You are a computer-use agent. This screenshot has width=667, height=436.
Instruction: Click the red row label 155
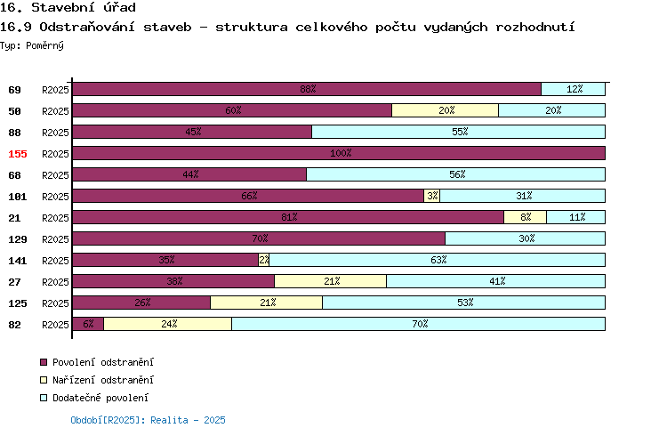tap(18, 154)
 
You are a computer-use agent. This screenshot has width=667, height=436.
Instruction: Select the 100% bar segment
tap(339, 153)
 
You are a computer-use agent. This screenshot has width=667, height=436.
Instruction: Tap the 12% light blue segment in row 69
tap(573, 89)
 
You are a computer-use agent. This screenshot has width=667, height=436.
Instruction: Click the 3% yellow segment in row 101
tap(431, 196)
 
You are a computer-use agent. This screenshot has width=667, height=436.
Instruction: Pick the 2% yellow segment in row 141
tap(264, 260)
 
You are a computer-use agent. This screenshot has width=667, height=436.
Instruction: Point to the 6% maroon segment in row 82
tap(88, 324)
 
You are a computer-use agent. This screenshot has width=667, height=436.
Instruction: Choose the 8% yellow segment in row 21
tap(525, 217)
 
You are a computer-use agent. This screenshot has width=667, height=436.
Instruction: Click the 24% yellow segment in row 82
tap(167, 324)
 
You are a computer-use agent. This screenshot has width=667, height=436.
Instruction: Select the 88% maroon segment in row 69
tap(307, 89)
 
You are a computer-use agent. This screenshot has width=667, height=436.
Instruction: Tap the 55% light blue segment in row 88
tap(459, 132)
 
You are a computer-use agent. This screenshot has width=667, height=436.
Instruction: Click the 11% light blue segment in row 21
tap(576, 217)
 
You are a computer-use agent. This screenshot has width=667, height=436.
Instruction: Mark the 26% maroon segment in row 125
tap(141, 303)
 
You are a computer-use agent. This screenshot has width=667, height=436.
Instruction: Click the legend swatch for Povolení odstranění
tap(44, 362)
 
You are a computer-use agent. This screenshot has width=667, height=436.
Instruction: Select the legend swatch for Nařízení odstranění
tap(44, 380)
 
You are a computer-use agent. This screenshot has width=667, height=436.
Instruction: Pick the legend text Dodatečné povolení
tap(100, 398)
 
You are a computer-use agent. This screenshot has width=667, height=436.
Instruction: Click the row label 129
tap(18, 239)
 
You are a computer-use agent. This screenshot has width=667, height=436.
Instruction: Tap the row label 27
tap(14, 282)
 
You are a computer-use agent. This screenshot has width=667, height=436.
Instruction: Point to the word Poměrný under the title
tap(44, 45)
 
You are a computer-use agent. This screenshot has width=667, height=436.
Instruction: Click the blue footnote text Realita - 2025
tap(188, 420)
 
